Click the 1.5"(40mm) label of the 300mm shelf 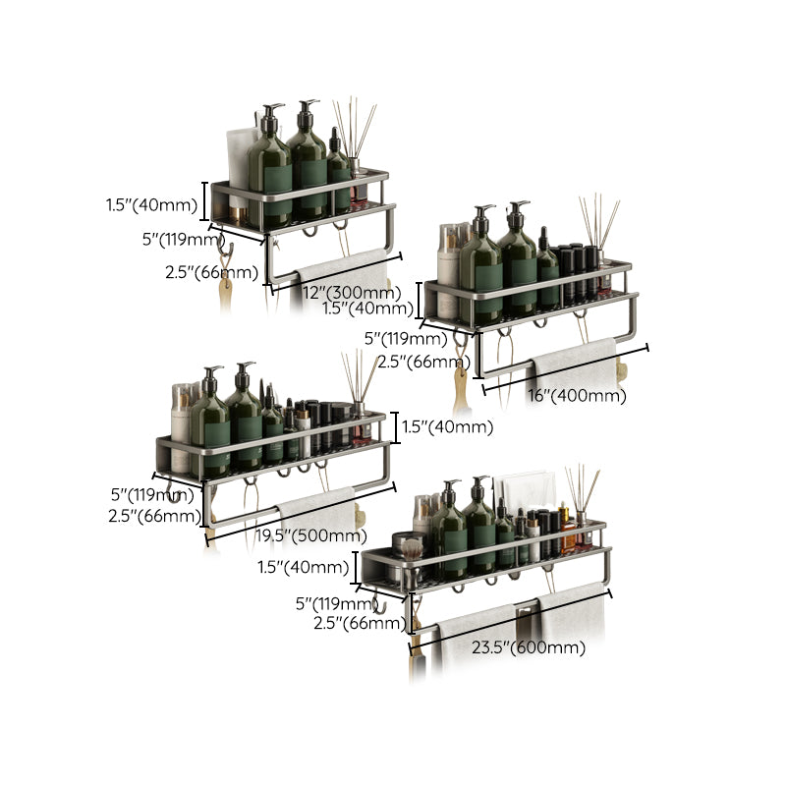pos(151,206)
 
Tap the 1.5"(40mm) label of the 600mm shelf pos(303,567)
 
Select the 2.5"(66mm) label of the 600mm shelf pos(360,623)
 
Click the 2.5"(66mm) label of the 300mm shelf pos(211,272)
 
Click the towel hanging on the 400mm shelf pos(574,364)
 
